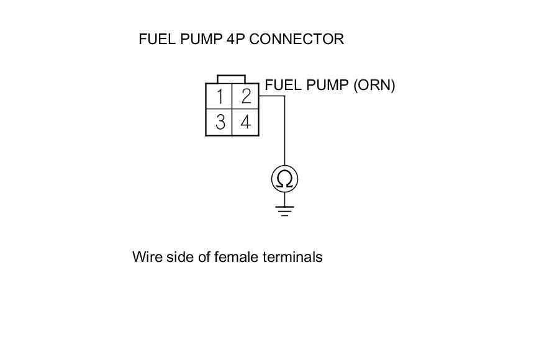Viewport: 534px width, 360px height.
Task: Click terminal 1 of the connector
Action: click(220, 97)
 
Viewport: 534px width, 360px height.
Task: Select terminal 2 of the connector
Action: click(246, 97)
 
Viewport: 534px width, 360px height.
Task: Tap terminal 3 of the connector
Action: click(220, 122)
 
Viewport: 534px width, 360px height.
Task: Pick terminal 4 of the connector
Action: click(246, 122)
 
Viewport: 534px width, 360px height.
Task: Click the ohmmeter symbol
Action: click(285, 179)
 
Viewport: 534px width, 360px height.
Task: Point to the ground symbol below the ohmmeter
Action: click(285, 211)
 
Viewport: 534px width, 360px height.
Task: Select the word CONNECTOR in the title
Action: click(297, 39)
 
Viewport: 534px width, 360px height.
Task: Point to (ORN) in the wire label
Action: click(374, 85)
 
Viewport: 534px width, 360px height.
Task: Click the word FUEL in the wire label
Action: click(281, 85)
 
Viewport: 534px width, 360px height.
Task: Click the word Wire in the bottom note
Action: click(145, 257)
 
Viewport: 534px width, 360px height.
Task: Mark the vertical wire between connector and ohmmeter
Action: click(285, 133)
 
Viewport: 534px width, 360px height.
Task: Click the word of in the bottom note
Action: click(203, 257)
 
